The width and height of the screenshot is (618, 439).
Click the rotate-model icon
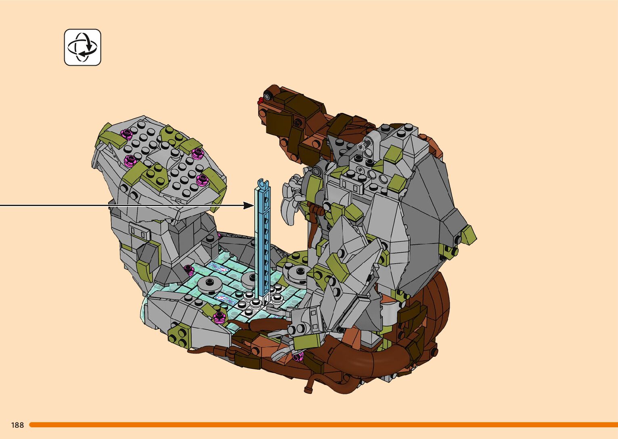[x=82, y=48]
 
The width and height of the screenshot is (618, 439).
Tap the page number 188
[x=17, y=425]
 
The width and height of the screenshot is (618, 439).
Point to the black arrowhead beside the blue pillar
[x=248, y=205]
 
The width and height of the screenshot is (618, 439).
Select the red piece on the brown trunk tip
[x=260, y=101]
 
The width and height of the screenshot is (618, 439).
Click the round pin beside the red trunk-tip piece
[x=267, y=96]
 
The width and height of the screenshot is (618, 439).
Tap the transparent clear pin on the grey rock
[x=367, y=144]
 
